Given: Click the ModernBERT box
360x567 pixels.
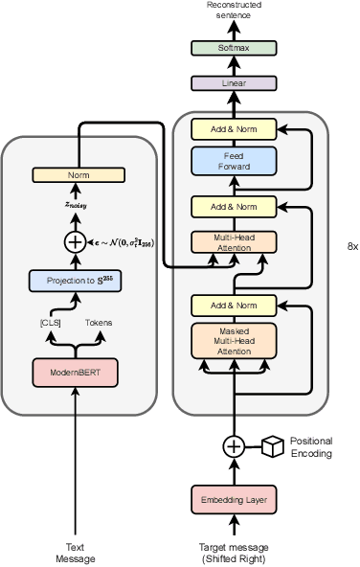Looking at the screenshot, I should [x=75, y=372].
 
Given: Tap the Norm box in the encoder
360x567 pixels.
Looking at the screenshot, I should [x=75, y=175].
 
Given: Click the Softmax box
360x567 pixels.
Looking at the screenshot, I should [x=233, y=48].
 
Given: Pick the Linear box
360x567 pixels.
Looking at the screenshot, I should [x=233, y=83].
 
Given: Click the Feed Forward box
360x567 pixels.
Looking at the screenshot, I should [x=233, y=161].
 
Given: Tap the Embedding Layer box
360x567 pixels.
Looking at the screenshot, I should [x=233, y=499].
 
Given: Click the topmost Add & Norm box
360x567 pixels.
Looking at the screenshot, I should [x=233, y=128].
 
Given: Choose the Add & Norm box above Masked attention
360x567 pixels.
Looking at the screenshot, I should [x=233, y=306].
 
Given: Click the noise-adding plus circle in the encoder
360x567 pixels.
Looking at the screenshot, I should [x=75, y=242].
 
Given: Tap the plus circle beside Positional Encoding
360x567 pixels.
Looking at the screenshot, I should [x=233, y=446].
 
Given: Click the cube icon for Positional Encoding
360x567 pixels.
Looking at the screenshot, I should [x=274, y=446].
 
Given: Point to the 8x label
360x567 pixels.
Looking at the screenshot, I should [x=351, y=246].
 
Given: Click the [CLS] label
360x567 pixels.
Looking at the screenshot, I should [x=52, y=324].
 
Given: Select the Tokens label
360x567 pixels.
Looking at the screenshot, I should [x=99, y=324].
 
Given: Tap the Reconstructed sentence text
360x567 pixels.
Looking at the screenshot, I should [x=233, y=11].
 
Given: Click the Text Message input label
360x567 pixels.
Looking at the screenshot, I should [x=75, y=553].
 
